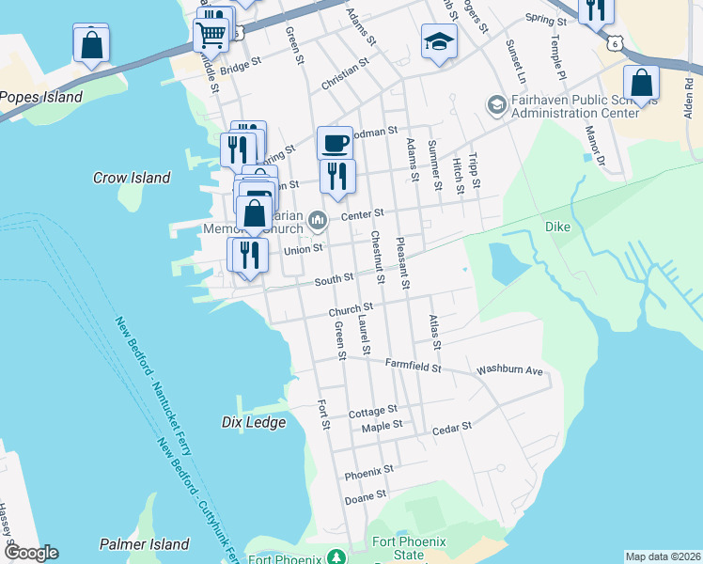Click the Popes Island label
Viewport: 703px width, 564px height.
tap(41, 97)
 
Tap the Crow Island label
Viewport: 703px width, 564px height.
tap(132, 178)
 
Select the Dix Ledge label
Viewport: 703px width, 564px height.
tap(254, 423)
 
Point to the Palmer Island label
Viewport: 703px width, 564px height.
tap(144, 544)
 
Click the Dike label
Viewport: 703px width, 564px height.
tap(558, 227)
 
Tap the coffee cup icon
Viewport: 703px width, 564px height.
tap(335, 144)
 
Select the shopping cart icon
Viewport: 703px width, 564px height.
tap(211, 35)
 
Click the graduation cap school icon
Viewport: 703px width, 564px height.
tap(439, 42)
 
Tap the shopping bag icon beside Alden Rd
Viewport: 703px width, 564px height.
tap(641, 83)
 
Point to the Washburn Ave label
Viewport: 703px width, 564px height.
tap(510, 370)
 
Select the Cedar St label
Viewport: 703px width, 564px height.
tap(451, 429)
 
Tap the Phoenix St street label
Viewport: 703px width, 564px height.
tap(368, 469)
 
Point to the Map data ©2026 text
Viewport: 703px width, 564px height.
tap(663, 556)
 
